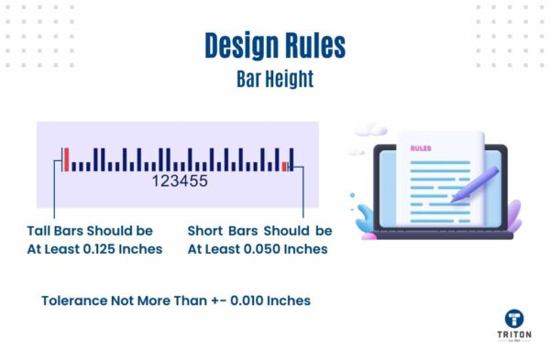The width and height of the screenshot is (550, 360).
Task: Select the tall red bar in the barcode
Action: coord(66,158)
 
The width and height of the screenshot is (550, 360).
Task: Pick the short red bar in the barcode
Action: coord(285,166)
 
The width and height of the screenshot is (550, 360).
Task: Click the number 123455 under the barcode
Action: coord(180,181)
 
